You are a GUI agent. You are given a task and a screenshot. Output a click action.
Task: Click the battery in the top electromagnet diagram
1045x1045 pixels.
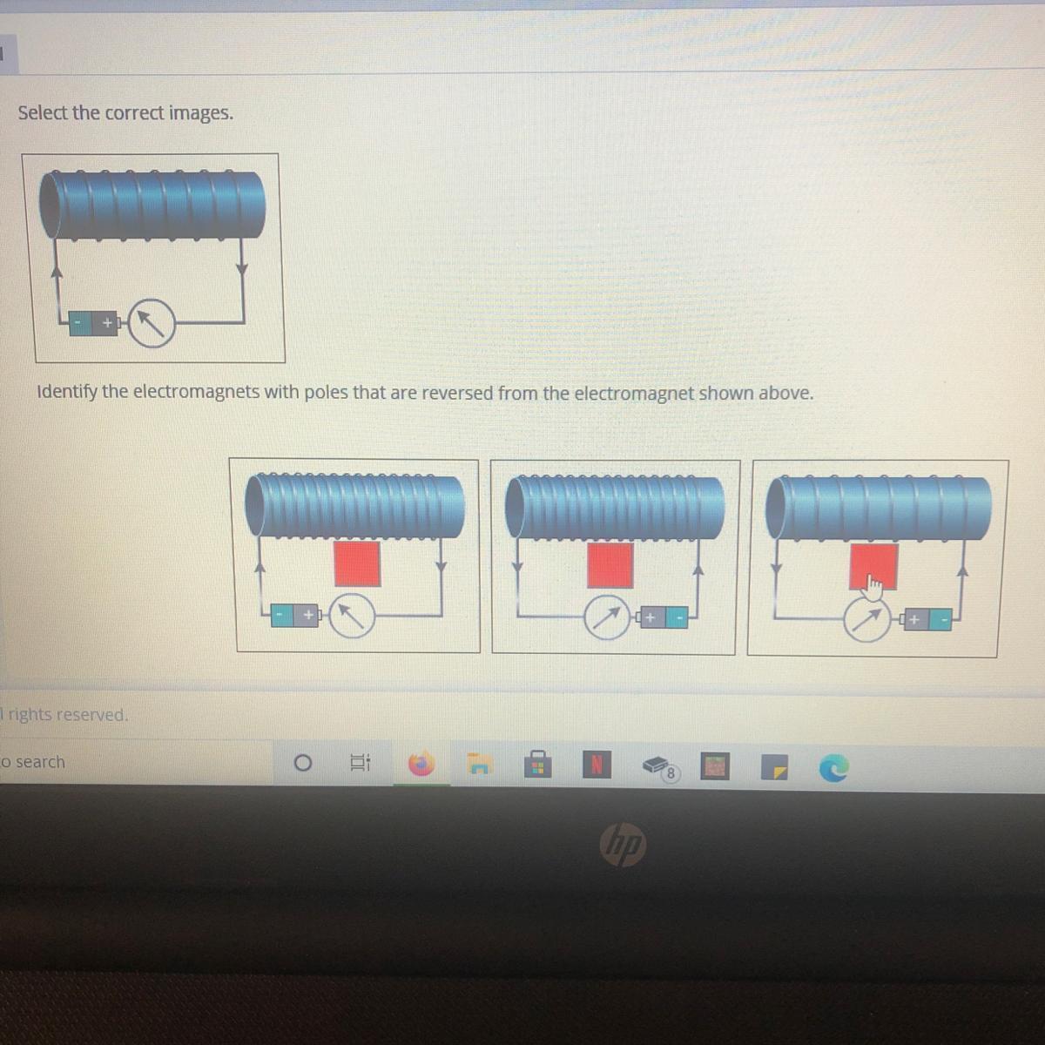pos(94,323)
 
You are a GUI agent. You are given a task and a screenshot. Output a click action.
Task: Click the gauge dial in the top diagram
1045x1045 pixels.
pos(152,323)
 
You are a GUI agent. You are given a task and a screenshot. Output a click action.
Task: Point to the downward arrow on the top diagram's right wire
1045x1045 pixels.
pos(242,266)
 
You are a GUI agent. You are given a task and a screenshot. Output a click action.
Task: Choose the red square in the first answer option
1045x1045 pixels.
pos(357,564)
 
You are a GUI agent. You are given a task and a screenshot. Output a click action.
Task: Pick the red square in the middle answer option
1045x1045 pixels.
pos(610,566)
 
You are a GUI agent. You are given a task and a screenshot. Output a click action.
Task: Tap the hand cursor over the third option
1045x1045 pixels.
pos(873,588)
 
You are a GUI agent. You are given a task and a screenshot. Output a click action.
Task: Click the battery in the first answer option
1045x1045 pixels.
pos(296,616)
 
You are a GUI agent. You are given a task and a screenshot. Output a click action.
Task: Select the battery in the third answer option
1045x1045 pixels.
pos(927,619)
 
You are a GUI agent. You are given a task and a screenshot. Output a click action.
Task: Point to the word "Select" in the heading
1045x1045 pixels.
pos(43,113)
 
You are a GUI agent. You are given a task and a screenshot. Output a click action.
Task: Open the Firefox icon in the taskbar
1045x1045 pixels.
pos(421,765)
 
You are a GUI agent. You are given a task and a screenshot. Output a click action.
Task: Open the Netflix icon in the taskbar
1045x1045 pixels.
pos(597,765)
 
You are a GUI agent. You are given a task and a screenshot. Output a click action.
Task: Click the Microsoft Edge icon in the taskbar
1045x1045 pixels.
pos(833,768)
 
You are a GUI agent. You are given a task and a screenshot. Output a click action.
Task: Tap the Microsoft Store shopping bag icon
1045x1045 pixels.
pos(538,764)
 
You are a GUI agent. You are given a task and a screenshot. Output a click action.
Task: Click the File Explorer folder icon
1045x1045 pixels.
pos(479,764)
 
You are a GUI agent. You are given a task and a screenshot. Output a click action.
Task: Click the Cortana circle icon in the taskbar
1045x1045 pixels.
pos(302,763)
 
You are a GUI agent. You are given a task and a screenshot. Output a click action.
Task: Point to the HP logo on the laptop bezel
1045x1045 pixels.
pos(624,846)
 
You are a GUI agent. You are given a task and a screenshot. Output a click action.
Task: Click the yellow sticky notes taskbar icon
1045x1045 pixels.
pos(774,767)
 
